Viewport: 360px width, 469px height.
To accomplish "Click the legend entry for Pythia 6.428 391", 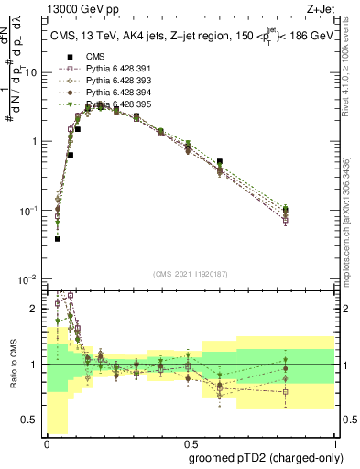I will tap(115, 69).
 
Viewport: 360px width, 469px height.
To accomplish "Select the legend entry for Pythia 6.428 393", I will tap(115, 81).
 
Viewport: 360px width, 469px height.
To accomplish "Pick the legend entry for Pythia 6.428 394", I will tap(115, 93).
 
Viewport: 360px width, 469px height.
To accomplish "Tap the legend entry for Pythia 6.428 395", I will tap(115, 104).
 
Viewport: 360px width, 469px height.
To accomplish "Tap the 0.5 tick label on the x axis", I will tap(190, 442).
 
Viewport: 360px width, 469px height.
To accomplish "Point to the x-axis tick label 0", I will tap(46, 442).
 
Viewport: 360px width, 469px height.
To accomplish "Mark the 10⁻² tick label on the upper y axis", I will tap(27, 279).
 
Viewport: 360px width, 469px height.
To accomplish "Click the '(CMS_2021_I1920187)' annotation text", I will tap(190, 273).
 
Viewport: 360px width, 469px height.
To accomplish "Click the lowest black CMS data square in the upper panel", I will tap(57, 238).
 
